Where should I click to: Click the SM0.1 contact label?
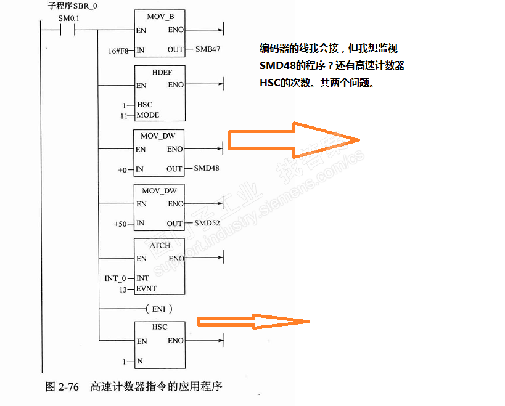pyautogui.click(x=69, y=18)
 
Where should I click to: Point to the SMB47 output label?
pyautogui.click(x=208, y=49)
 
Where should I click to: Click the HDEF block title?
pyautogui.click(x=160, y=71)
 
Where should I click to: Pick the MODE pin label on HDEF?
pyautogui.click(x=148, y=115)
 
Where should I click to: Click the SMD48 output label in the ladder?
pyautogui.click(x=207, y=168)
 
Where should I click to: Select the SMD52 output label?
pyautogui.click(x=207, y=223)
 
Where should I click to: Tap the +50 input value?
pyautogui.click(x=120, y=224)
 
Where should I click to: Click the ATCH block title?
pyautogui.click(x=160, y=245)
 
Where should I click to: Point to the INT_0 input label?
pyautogui.click(x=115, y=278)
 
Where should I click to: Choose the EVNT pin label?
pyautogui.click(x=147, y=288)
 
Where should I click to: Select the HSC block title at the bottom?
pyautogui.click(x=159, y=327)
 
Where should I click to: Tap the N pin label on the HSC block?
pyautogui.click(x=139, y=361)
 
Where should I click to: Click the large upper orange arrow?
pyautogui.click(x=294, y=140)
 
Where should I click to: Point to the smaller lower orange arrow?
pyautogui.click(x=253, y=321)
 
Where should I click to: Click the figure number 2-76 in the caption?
pyautogui.click(x=69, y=387)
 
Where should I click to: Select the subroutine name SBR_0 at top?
pyautogui.click(x=86, y=6)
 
